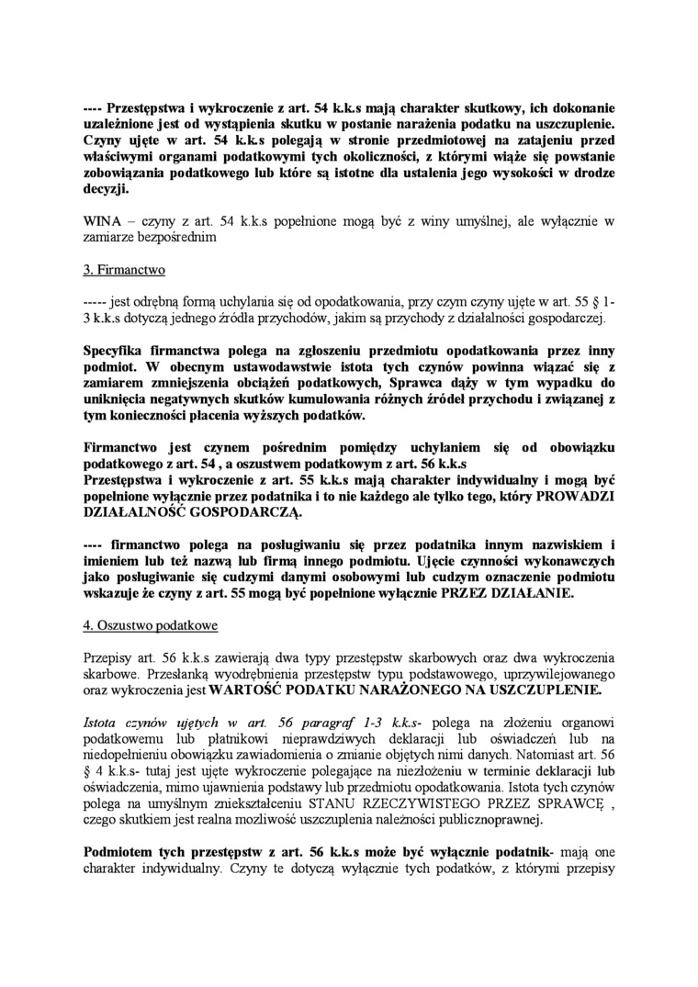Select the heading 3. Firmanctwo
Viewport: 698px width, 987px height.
[120, 271]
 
